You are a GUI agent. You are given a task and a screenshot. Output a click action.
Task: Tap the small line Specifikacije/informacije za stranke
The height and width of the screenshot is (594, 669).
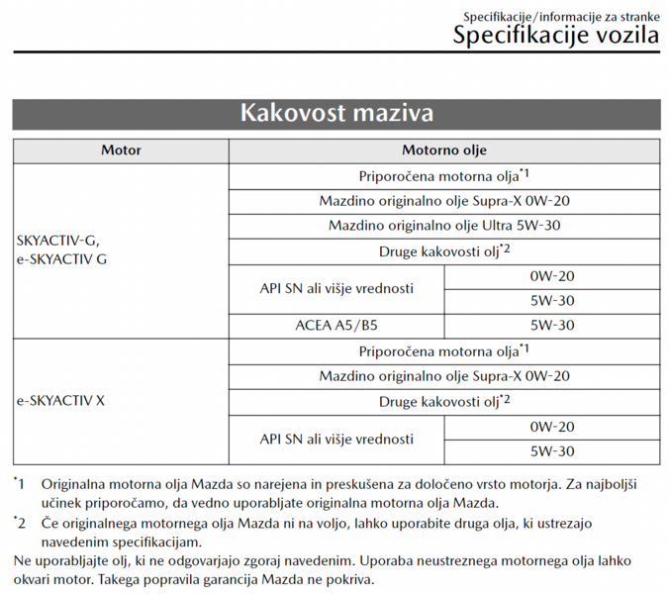[x=561, y=16]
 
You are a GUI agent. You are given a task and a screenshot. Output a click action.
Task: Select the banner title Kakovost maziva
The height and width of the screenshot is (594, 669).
[x=335, y=113]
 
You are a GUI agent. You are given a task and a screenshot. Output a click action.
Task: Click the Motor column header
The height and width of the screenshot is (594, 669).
[x=121, y=151]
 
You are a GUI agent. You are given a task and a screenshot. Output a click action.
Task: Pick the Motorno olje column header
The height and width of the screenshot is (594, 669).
[x=444, y=151]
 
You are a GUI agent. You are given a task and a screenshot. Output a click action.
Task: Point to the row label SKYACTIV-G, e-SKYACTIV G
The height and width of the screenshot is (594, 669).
[x=58, y=250]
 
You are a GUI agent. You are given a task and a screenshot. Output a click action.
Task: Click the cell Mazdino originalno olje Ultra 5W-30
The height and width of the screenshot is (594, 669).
[x=444, y=226]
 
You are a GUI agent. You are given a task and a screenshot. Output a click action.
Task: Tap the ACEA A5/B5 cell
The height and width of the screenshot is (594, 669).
[x=336, y=325]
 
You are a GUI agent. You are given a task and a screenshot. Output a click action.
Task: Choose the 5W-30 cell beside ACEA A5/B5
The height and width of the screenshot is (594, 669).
[x=552, y=325]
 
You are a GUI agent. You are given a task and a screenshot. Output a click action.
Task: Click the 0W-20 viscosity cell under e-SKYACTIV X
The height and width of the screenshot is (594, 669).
[x=552, y=427]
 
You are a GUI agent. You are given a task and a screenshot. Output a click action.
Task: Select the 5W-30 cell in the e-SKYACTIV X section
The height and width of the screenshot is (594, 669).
[x=552, y=451]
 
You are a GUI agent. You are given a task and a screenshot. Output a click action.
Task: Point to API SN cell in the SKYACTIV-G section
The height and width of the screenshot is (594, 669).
[x=336, y=288]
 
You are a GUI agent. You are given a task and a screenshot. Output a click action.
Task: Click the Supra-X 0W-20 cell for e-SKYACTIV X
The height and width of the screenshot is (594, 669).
[x=444, y=376]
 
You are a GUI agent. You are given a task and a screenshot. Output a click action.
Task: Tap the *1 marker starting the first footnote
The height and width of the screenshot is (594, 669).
[x=20, y=485]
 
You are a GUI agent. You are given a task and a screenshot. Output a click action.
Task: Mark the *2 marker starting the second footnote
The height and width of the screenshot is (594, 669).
[x=20, y=522]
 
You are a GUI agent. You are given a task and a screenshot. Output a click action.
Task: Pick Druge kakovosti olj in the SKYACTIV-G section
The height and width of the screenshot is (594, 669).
[x=444, y=250]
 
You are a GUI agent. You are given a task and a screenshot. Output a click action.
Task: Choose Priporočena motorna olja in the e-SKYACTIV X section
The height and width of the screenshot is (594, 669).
[x=444, y=351]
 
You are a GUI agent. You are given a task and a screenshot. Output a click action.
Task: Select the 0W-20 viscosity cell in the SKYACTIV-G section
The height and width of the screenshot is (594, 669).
[x=552, y=276]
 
